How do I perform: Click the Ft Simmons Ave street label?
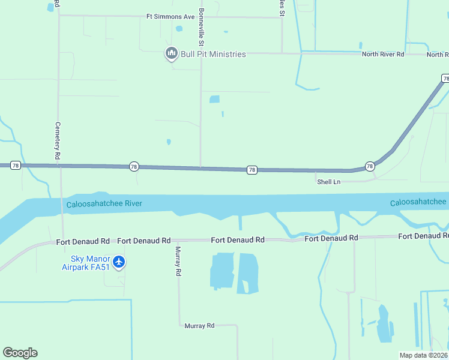171,17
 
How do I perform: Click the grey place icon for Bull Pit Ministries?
172,54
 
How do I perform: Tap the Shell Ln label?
328,181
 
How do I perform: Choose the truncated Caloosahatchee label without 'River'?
418,202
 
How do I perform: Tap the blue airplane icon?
119,262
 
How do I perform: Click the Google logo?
20,353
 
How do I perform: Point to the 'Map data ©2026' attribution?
423,355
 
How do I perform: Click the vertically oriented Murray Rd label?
178,261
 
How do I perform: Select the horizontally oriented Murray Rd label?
199,326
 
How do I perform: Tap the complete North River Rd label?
383,55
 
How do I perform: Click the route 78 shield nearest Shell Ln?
370,166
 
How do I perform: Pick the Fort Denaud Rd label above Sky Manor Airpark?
83,241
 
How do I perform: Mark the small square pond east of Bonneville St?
214,99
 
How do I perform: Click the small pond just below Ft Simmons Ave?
179,28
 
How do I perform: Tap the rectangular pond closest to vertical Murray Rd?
221,271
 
